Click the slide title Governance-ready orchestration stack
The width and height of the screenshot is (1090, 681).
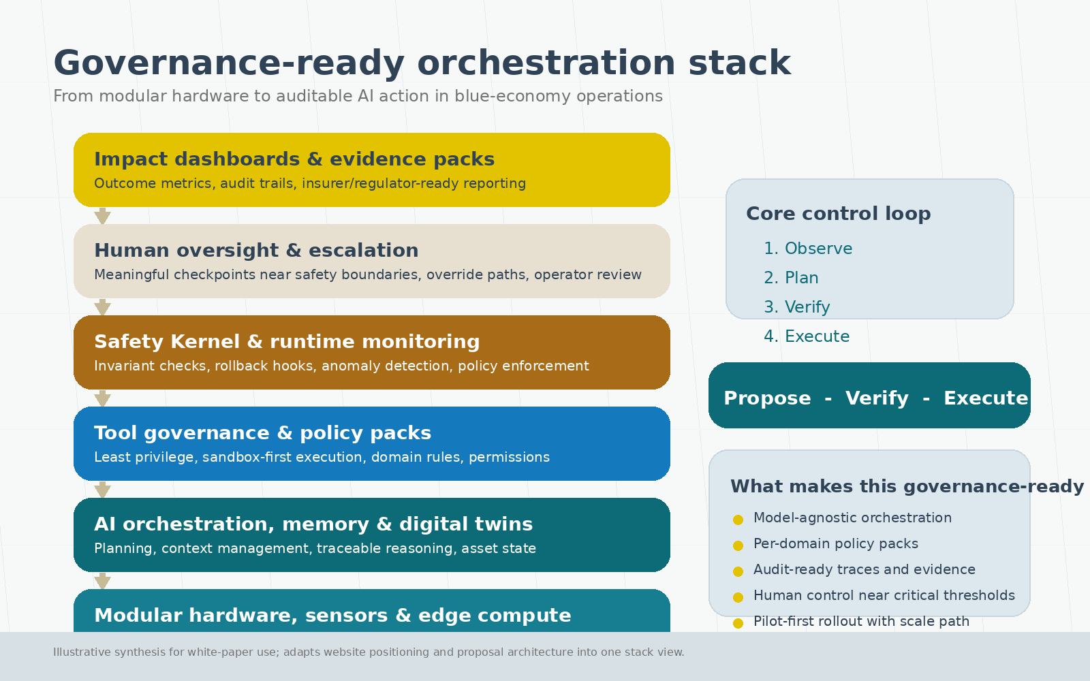pyautogui.click(x=422, y=63)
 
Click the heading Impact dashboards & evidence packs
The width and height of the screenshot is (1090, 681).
pyautogui.click(x=294, y=159)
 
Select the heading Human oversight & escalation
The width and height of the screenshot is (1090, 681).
pyautogui.click(x=256, y=250)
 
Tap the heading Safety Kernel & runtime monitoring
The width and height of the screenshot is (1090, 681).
pyautogui.click(x=287, y=341)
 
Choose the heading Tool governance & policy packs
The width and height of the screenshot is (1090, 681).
pyautogui.click(x=262, y=432)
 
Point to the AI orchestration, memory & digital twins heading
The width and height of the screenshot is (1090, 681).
pyautogui.click(x=313, y=524)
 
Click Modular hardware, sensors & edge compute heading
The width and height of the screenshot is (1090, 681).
pyautogui.click(x=332, y=615)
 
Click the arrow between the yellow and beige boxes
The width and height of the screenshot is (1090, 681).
pyautogui.click(x=102, y=216)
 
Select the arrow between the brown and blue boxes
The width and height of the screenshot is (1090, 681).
pyautogui.click(x=102, y=398)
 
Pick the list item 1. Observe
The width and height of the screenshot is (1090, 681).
pyautogui.click(x=808, y=249)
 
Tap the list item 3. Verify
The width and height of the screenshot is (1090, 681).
pyautogui.click(x=797, y=307)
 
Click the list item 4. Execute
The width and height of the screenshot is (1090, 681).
pyautogui.click(x=807, y=336)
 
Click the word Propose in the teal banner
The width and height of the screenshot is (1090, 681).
pyautogui.click(x=767, y=398)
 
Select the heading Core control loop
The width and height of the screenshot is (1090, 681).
pyautogui.click(x=838, y=213)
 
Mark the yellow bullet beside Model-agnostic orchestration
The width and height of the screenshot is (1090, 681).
pyautogui.click(x=738, y=520)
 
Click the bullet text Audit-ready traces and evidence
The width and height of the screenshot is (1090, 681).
pyautogui.click(x=864, y=569)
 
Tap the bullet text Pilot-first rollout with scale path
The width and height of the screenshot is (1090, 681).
pyautogui.click(x=861, y=621)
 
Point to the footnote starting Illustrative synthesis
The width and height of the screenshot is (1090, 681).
pyautogui.click(x=369, y=652)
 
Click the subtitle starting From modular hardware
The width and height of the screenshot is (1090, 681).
pyautogui.click(x=358, y=96)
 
